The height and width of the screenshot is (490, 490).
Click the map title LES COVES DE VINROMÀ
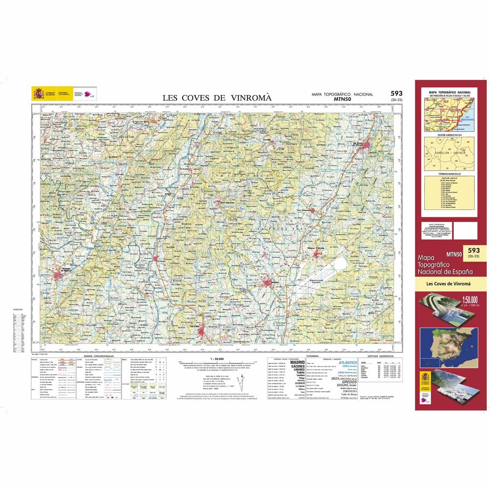pos(217,98)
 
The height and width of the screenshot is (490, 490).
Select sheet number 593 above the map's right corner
pos(396,94)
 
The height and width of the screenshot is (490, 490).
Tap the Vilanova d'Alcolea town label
pos(318,247)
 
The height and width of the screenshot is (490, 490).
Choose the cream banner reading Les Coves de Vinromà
pos(448,284)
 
